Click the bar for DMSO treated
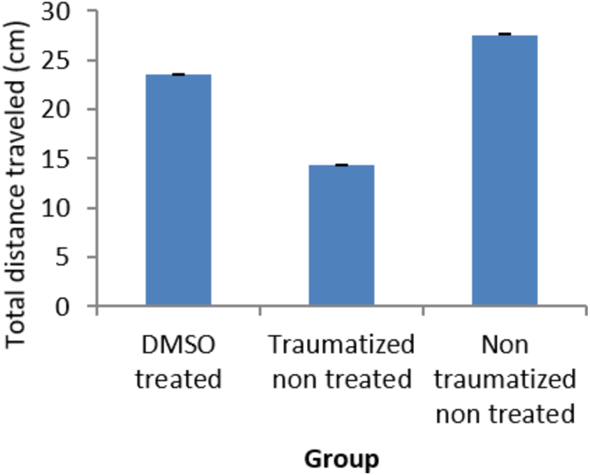click(178, 190)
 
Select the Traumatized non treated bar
click(342, 235)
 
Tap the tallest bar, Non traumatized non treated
click(505, 170)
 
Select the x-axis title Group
click(342, 459)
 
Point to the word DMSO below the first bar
click(178, 344)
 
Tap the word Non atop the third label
click(505, 344)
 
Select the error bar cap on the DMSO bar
click(178, 74)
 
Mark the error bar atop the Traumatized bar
click(342, 165)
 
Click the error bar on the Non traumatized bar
click(505, 34)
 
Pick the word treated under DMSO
click(178, 379)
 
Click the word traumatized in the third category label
click(505, 379)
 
